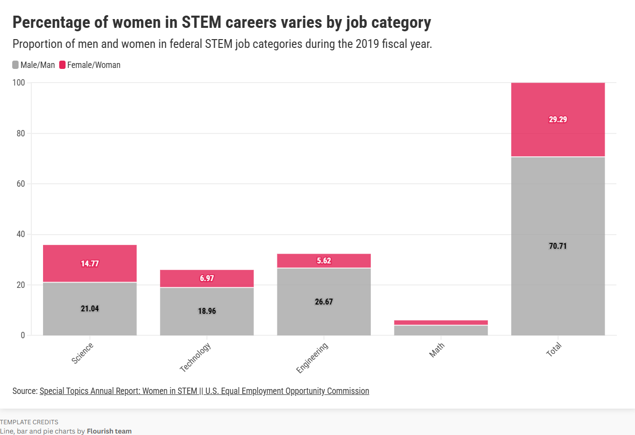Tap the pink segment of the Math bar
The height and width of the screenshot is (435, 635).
[441, 323]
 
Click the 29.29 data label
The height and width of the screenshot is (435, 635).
[558, 119]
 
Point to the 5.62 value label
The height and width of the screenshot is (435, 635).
[323, 261]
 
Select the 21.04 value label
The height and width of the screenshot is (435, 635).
[90, 308]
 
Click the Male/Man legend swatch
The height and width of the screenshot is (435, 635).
[16, 65]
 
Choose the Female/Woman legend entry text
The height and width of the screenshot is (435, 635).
[93, 65]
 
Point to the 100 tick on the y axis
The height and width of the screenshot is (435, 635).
[19, 83]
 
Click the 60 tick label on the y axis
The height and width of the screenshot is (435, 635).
[21, 184]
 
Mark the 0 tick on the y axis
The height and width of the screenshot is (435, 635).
[23, 335]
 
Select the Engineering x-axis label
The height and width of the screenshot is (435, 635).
[313, 358]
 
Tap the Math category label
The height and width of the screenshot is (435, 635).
[437, 350]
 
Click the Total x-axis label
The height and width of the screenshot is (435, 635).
[554, 350]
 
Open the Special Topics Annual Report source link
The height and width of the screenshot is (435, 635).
[204, 391]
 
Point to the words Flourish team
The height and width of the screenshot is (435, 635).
[109, 431]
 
